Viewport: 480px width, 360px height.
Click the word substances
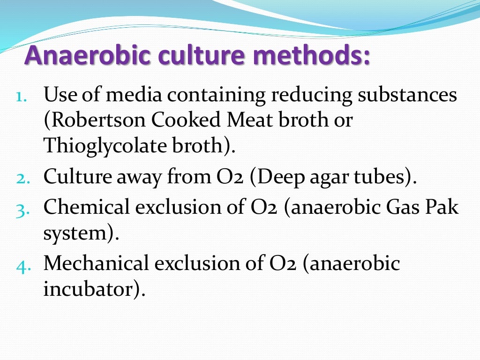407,95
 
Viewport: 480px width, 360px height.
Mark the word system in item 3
75,233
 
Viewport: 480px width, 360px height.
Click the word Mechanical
96,263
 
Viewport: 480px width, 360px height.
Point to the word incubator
89,289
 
